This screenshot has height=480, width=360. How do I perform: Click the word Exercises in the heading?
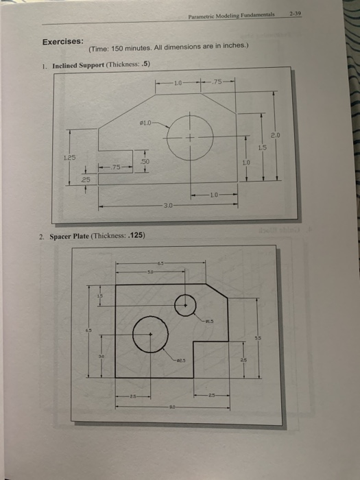click(x=63, y=40)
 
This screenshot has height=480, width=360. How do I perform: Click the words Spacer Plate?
click(x=69, y=237)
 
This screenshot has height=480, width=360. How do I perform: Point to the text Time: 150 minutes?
click(x=117, y=48)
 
